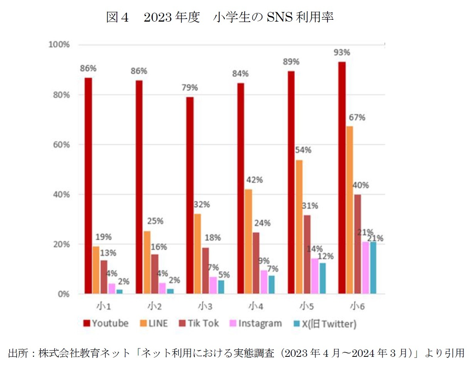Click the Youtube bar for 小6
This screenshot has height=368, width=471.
(342, 178)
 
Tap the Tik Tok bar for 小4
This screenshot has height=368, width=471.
(256, 263)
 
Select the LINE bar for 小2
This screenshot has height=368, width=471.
(147, 262)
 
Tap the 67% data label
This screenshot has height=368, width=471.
(357, 117)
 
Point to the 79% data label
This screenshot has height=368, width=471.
(190, 88)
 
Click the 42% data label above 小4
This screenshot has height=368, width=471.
(255, 180)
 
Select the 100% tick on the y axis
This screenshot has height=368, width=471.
(59, 45)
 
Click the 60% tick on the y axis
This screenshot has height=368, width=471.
(61, 145)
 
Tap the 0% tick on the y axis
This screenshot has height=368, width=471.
(63, 294)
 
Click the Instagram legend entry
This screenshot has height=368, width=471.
(255, 323)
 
